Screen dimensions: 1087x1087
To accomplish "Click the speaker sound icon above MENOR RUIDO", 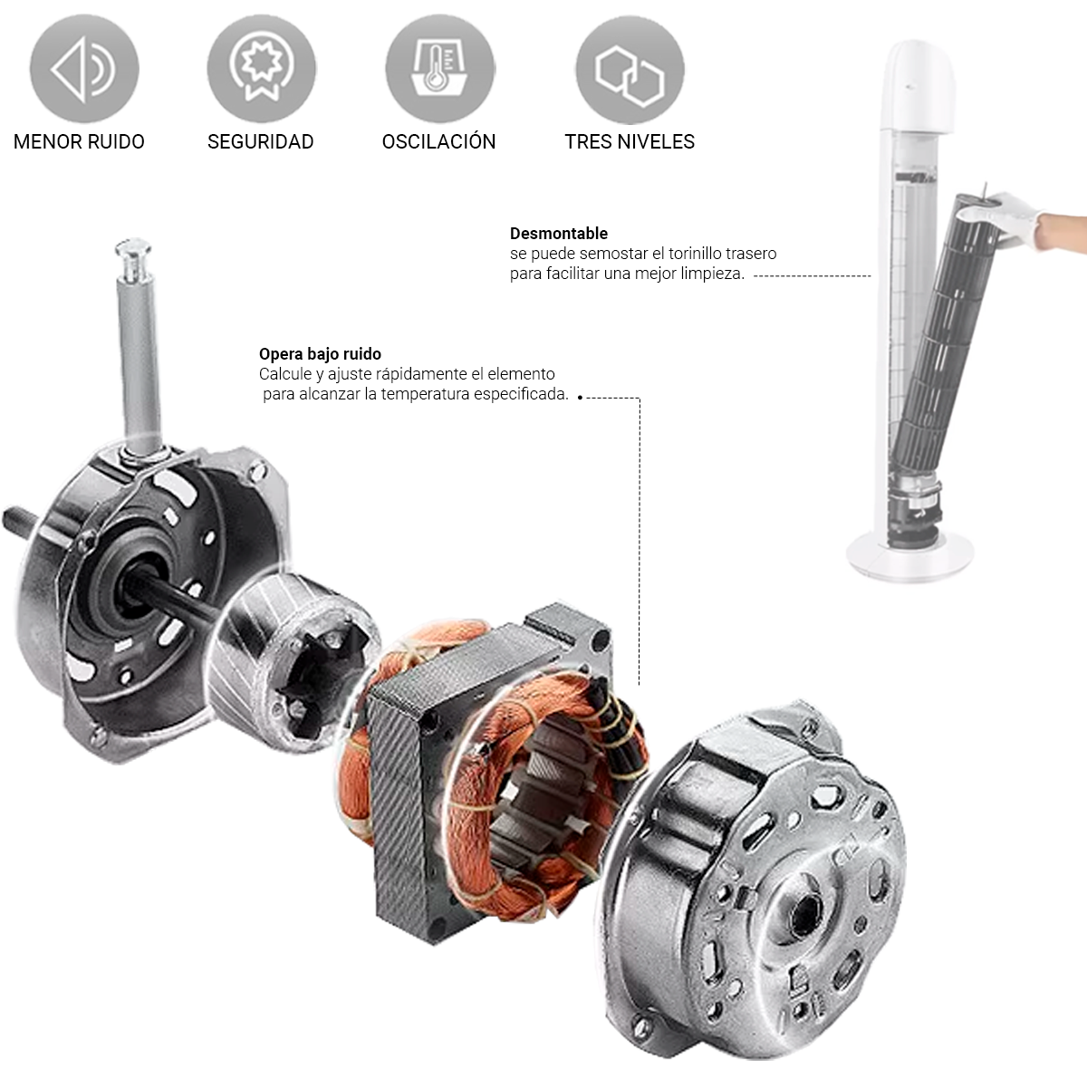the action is coord(84,69).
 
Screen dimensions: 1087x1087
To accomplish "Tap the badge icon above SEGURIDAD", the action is coord(261,69).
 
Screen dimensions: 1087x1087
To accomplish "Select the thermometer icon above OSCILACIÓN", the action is coord(440,69).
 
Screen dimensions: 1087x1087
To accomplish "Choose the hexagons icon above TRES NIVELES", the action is coord(630,70).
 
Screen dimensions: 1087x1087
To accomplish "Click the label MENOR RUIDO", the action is coord(79,141).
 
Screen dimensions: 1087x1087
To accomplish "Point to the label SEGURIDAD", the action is coord(261,141).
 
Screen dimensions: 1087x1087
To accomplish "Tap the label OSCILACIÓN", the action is coord(438,141).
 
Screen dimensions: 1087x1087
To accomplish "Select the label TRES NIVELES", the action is coord(630,141).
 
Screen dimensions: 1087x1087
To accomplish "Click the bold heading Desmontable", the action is coord(559,234).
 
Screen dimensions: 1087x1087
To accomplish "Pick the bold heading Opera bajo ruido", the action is coord(320,354).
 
